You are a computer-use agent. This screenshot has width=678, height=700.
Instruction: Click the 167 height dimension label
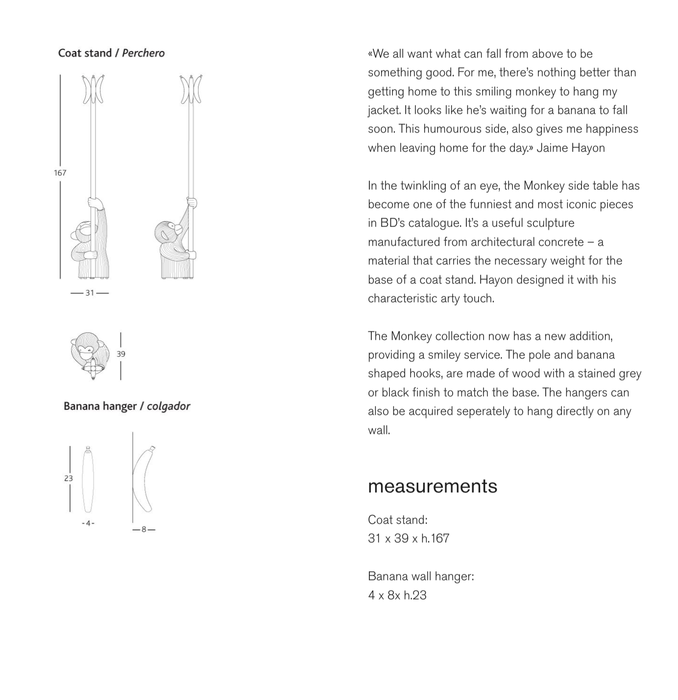click(x=60, y=173)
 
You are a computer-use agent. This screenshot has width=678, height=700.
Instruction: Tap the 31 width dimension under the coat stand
click(x=90, y=293)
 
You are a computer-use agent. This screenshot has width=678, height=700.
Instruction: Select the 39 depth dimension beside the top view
click(x=121, y=354)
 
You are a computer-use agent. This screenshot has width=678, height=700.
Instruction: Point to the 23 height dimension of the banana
click(x=68, y=478)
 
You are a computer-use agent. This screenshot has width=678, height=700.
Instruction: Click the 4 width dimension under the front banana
click(x=88, y=523)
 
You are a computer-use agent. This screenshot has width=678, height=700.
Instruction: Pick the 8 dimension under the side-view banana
click(x=144, y=529)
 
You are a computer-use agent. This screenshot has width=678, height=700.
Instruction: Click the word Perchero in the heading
click(x=143, y=53)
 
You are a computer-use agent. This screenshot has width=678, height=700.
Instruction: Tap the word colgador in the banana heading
click(x=168, y=406)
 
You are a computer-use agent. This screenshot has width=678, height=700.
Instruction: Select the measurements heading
click(x=432, y=486)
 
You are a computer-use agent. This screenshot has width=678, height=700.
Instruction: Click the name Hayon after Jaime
click(x=588, y=148)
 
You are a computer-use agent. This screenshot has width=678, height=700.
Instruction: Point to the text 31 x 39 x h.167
click(x=408, y=538)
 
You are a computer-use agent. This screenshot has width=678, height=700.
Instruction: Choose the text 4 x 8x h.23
click(x=397, y=595)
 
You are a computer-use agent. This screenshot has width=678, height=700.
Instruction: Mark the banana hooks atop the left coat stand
click(x=93, y=89)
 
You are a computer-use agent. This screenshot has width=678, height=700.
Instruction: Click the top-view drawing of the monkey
click(x=88, y=353)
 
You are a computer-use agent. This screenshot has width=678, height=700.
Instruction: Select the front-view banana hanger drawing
click(x=88, y=480)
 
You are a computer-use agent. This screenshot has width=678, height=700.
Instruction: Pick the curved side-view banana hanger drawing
click(x=143, y=480)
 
